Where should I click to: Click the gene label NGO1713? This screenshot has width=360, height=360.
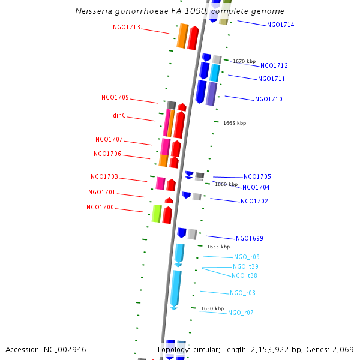(127, 27)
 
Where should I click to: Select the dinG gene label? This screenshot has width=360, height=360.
(119, 115)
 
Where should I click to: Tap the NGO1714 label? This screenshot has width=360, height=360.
(280, 25)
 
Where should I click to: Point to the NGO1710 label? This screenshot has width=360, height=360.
(268, 99)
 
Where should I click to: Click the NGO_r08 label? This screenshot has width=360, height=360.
(242, 293)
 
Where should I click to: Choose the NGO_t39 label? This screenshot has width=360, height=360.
(245, 266)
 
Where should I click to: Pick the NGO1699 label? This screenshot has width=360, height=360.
(249, 238)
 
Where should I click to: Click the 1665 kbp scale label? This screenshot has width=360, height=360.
(234, 123)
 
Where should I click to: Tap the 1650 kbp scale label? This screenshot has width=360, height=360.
(212, 308)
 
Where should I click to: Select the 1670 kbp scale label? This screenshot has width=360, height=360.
(244, 61)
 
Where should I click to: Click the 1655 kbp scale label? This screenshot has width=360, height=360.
(218, 247)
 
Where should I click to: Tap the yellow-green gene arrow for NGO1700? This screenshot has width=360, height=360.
(157, 214)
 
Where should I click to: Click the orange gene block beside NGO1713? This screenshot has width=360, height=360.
(182, 36)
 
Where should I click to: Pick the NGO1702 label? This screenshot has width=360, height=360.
(254, 201)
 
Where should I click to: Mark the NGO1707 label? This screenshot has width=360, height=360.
(109, 139)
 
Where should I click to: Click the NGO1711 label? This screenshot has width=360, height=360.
(271, 79)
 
